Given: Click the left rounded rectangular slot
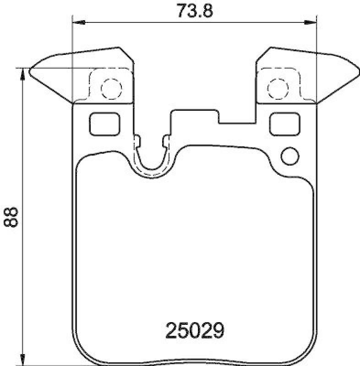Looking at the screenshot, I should tap(104, 124).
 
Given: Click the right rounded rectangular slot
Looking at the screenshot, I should tap(285, 124).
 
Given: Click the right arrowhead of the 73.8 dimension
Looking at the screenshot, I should tap(312, 21).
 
